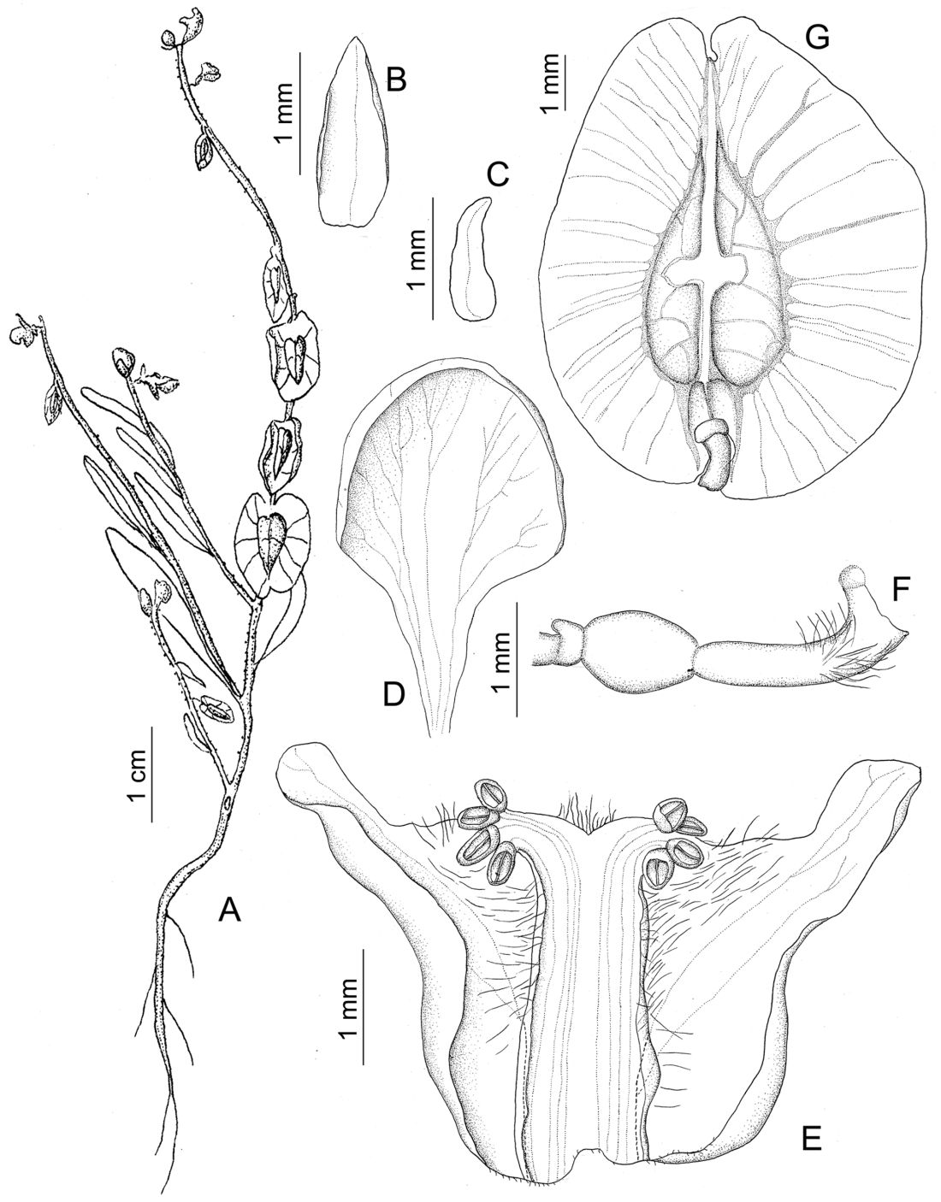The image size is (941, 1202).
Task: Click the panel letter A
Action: click(x=230, y=910)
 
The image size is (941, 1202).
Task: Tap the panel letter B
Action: click(x=395, y=80)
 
